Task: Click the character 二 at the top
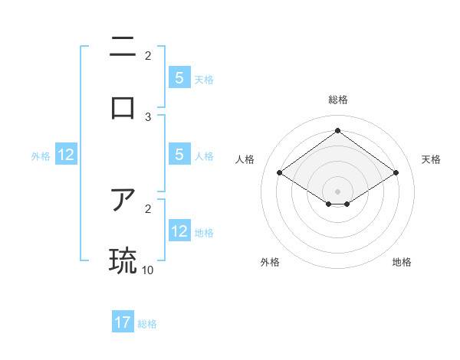(123, 47)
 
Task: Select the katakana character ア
(123, 201)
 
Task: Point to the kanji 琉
(123, 260)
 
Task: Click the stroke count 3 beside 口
(148, 117)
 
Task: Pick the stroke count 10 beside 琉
(148, 270)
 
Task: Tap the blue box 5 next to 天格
(179, 78)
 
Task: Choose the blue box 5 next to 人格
(179, 155)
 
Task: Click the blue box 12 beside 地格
(179, 231)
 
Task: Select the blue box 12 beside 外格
(66, 155)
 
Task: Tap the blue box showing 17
(123, 322)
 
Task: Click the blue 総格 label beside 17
(147, 324)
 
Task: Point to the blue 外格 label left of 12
(41, 156)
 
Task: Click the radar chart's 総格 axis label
(337, 100)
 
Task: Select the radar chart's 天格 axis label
(431, 159)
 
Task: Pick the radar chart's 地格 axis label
(402, 262)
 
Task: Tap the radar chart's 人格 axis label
(245, 159)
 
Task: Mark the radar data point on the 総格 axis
(337, 131)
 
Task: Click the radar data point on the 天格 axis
(396, 173)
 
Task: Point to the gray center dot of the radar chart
(337, 191)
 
